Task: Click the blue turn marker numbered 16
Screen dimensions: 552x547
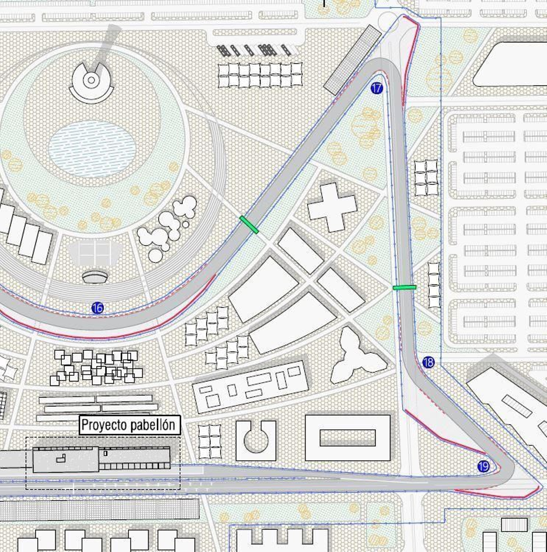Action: [x=97, y=308]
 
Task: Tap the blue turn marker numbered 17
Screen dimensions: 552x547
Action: [x=376, y=89]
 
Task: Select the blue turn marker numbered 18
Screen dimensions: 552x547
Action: [x=428, y=362]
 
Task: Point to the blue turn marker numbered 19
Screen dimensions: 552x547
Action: [x=483, y=466]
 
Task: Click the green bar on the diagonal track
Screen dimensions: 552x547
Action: [x=249, y=225]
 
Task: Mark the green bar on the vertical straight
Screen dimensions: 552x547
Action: [x=404, y=287]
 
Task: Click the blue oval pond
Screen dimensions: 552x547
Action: [x=92, y=149]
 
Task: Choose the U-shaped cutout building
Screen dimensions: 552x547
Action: [x=256, y=441]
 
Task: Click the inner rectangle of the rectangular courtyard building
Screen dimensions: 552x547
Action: [x=347, y=438]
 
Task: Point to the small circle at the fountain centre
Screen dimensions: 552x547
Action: [x=91, y=80]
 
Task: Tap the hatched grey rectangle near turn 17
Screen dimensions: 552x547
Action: [x=352, y=60]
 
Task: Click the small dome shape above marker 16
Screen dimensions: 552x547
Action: [x=95, y=277]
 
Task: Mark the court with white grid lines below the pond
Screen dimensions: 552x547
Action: [x=95, y=254]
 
